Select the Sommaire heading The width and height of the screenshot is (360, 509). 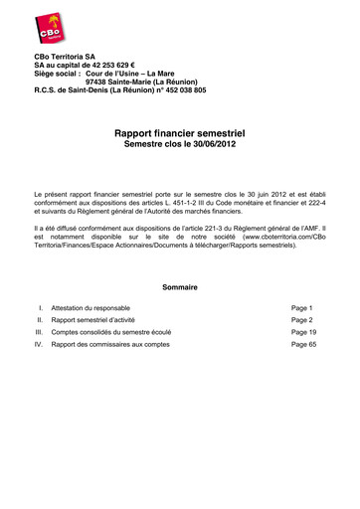point(179,287)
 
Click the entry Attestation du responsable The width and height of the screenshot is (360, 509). point(90,308)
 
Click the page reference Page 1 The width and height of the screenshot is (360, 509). point(302,308)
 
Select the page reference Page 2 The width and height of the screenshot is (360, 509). point(302,321)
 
